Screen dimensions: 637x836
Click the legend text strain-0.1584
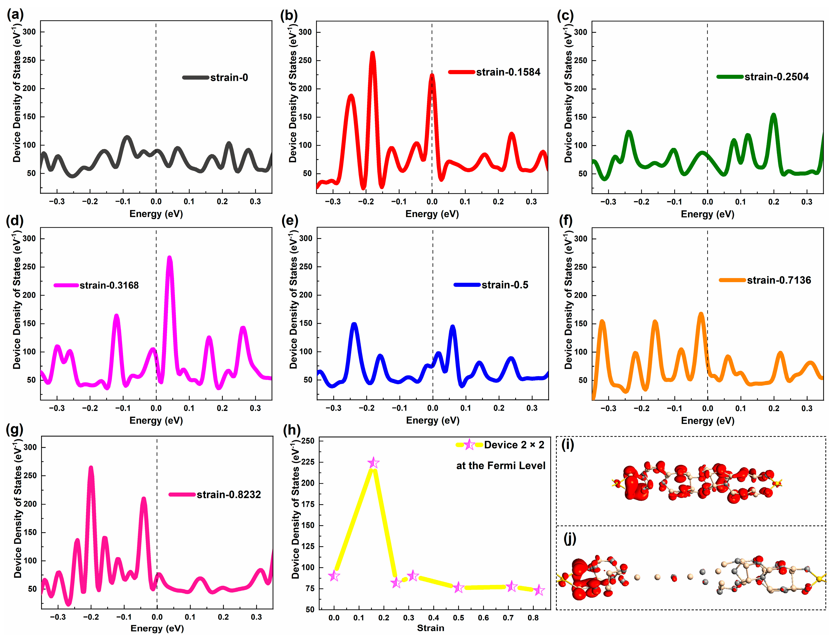[508, 72]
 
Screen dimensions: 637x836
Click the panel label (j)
[570, 538]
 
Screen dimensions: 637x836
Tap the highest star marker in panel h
[373, 463]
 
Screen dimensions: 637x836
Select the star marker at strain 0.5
[459, 587]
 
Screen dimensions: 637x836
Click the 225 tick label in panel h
[307, 462]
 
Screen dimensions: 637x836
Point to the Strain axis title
[431, 628]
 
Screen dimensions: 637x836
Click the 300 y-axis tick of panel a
[29, 32]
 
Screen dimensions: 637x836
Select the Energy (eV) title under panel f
[708, 421]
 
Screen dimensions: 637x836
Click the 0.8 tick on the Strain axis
[533, 618]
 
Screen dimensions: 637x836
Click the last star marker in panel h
[539, 590]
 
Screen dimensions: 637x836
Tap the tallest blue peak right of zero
[452, 327]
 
